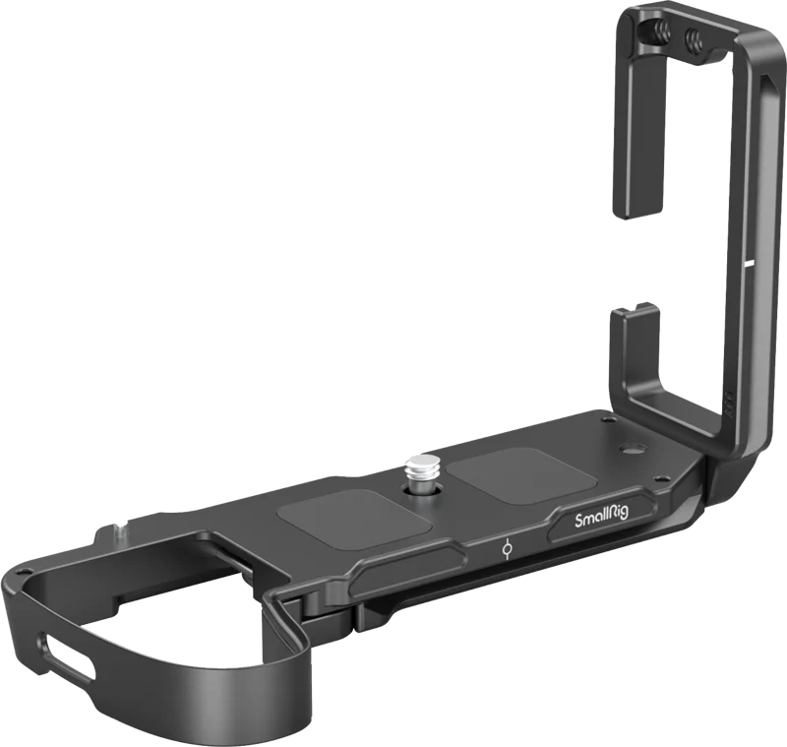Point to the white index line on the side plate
750,263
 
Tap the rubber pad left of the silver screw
354,520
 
